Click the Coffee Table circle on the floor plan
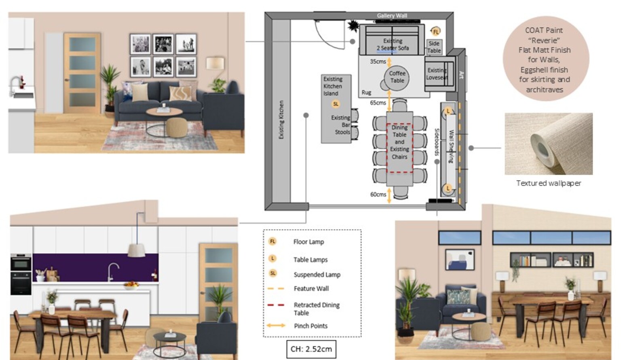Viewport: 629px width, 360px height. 397,77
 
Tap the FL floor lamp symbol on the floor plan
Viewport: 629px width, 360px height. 435,32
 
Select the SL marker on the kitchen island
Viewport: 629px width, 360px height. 336,104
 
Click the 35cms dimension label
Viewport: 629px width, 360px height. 378,61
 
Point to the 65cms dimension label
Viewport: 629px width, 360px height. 378,103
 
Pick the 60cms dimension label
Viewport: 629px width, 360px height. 378,195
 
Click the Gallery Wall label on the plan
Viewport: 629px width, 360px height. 392,16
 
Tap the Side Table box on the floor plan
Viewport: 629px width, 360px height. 434,47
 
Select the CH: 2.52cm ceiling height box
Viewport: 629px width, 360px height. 311,349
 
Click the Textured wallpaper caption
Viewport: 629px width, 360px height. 549,183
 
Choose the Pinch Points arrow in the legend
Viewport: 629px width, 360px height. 276,326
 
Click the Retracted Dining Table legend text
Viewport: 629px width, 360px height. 317,309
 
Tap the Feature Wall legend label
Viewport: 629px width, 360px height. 311,289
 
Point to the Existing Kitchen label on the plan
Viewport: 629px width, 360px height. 281,120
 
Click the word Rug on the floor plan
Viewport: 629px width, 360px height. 367,93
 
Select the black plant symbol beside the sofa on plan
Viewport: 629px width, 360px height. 353,26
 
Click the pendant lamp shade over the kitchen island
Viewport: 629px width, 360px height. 137,250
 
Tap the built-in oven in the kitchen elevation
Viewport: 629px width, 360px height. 21,274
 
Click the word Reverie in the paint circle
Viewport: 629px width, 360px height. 544,40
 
